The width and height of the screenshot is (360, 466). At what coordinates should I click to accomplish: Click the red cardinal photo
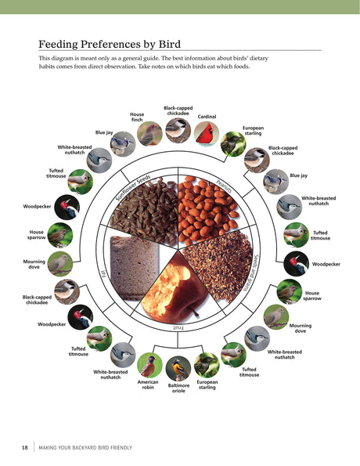(x=207, y=134)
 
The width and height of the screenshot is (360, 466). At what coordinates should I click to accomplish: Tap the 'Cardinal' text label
(x=207, y=117)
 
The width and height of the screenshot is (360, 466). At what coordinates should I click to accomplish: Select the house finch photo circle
(x=149, y=134)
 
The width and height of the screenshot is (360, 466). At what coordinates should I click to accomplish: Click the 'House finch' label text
(x=137, y=117)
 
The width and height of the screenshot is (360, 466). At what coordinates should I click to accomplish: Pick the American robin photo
(x=149, y=365)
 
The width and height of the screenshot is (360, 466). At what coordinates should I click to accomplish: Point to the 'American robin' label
(x=148, y=385)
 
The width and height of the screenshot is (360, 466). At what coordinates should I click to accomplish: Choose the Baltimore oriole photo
(x=178, y=369)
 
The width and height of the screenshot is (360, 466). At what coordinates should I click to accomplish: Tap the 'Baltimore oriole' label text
(x=178, y=388)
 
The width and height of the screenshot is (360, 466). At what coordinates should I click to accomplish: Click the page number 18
(x=25, y=447)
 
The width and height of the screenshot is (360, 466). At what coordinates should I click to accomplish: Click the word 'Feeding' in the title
(x=58, y=45)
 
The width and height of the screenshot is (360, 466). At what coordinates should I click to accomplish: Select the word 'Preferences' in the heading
(x=110, y=45)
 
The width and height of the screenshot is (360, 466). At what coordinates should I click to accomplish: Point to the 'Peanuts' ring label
(x=225, y=186)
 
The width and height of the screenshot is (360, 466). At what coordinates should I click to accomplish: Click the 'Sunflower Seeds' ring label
(x=133, y=188)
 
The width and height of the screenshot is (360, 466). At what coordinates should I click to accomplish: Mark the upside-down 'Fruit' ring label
(x=178, y=328)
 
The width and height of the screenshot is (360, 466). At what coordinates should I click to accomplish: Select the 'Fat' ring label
(x=104, y=273)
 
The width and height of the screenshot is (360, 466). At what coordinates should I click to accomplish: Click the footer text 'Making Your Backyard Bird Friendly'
(x=85, y=447)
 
